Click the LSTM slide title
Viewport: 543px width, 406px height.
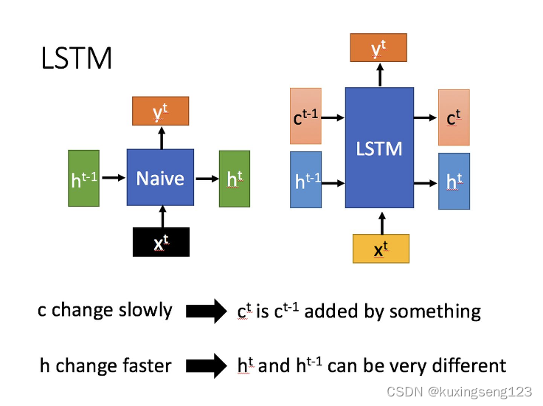77,58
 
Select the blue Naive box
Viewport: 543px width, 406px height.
160,177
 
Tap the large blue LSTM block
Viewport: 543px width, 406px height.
379,148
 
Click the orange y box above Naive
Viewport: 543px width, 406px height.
160,111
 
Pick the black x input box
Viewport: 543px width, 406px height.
161,242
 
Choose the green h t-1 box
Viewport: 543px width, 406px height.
83,178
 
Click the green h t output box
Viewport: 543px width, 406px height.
235,178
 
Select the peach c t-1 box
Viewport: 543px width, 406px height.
305,117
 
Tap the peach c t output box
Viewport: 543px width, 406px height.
454,117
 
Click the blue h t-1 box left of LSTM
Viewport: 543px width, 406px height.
305,181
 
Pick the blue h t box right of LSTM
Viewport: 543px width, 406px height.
454,181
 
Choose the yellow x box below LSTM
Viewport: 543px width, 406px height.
380,249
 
